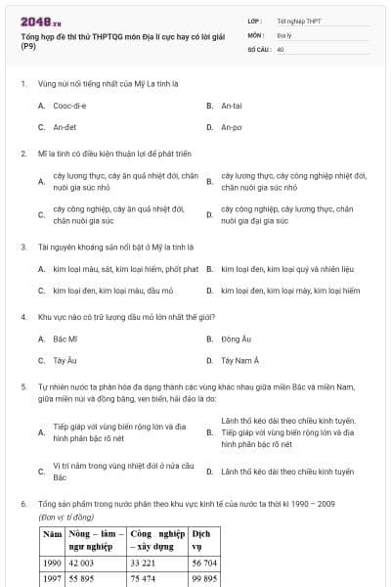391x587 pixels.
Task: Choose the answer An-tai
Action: (x=232, y=105)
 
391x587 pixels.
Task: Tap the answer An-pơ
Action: (x=232, y=127)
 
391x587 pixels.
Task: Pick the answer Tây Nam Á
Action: (x=239, y=361)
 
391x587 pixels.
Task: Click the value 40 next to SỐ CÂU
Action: (x=281, y=47)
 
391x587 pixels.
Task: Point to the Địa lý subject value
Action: (x=284, y=33)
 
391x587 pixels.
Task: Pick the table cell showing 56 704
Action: (x=204, y=564)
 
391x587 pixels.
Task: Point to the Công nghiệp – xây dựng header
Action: (x=156, y=541)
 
